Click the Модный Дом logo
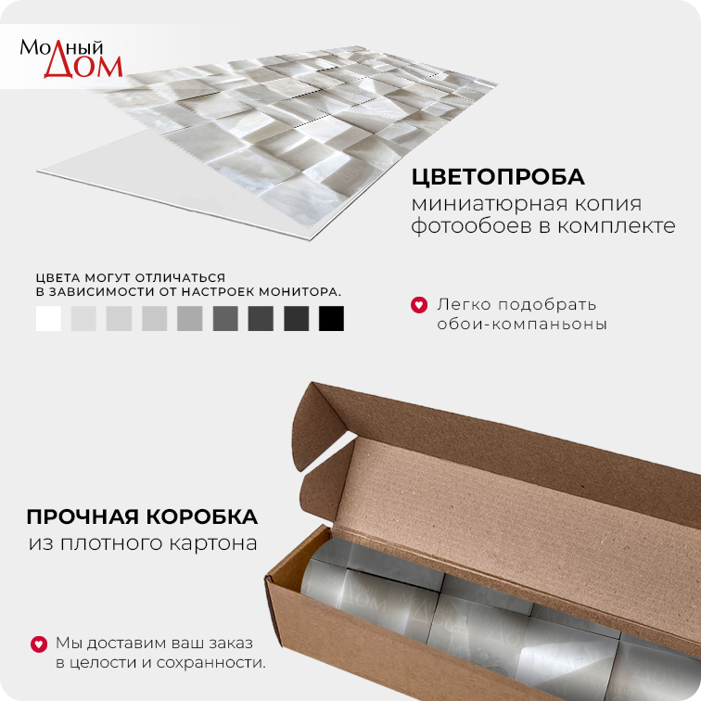click(70, 58)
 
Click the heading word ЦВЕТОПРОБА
click(498, 177)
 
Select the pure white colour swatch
click(48, 318)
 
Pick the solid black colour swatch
click(331, 318)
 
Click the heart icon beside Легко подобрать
click(419, 305)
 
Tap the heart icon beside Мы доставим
click(39, 644)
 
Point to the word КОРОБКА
click(201, 516)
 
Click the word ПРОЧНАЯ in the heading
click(83, 516)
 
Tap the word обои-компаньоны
click(522, 324)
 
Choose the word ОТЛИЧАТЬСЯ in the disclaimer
click(180, 278)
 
